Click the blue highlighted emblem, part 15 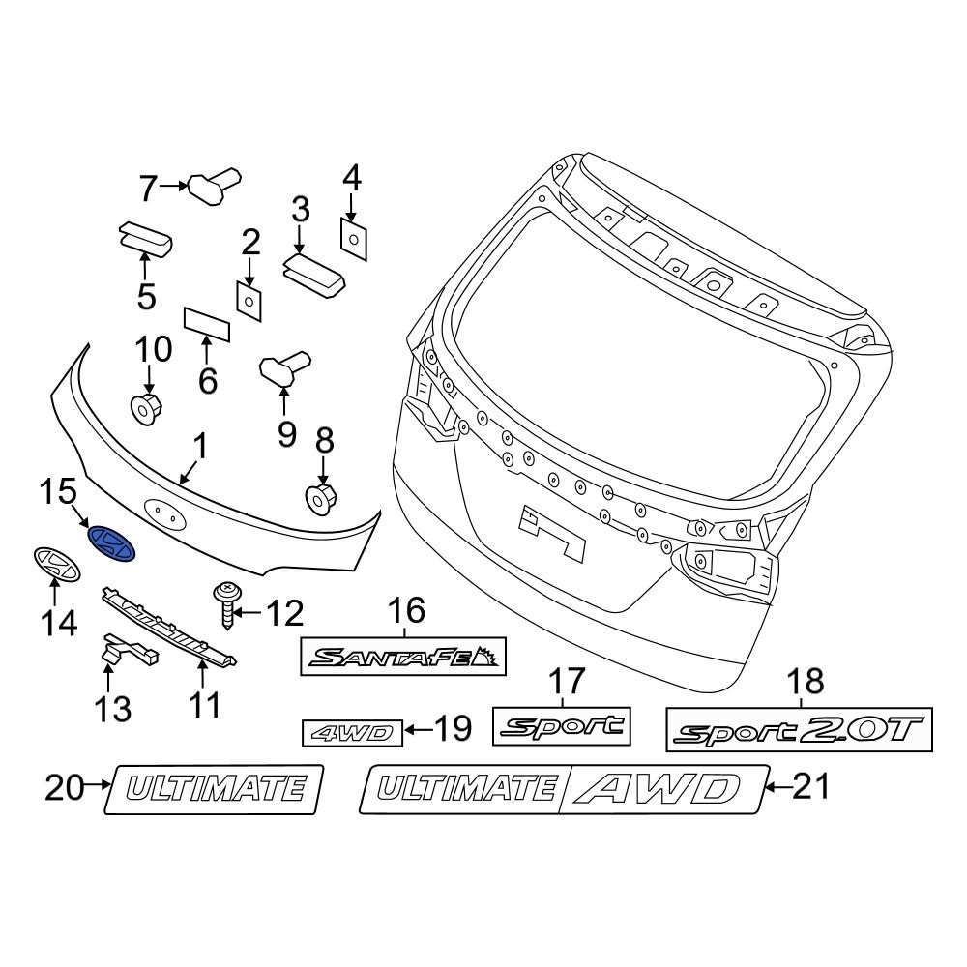[x=111, y=542]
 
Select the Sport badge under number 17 [x=562, y=724]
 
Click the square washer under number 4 [x=353, y=238]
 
